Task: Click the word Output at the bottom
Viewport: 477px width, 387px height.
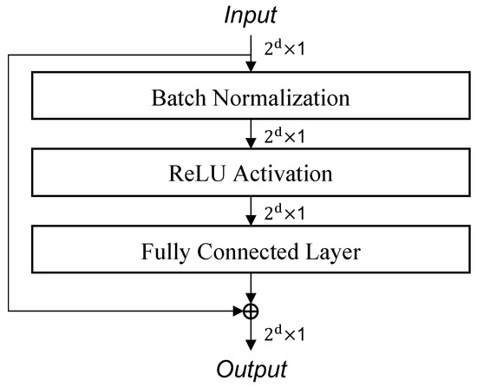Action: [x=251, y=371]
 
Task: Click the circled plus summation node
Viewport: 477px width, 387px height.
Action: [x=251, y=309]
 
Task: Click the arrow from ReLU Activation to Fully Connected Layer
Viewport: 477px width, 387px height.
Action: [x=251, y=212]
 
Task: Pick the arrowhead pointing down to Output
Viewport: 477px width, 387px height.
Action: [x=251, y=344]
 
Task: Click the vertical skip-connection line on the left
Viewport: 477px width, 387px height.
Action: [x=8, y=182]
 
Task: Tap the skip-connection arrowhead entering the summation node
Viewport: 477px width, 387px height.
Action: [x=240, y=309]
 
